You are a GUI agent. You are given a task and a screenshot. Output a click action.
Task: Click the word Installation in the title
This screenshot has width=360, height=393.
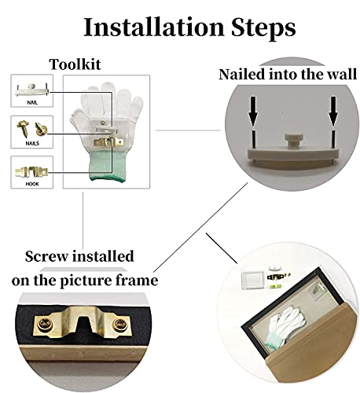point(154,27)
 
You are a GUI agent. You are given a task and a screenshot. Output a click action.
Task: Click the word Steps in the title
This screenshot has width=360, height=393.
point(263,28)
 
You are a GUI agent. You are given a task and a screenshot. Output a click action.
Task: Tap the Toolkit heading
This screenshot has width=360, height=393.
point(75,64)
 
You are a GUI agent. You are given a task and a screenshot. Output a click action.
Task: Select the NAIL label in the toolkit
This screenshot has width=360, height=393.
point(32,103)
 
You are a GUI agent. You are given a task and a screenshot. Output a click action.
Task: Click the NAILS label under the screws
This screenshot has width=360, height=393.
point(32,143)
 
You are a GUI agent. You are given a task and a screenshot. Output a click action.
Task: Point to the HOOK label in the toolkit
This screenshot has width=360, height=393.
point(32,184)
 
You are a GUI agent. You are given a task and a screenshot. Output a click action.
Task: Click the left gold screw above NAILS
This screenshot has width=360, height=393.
point(24,128)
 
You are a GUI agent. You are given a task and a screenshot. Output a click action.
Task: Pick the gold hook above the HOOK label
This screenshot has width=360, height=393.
point(31,172)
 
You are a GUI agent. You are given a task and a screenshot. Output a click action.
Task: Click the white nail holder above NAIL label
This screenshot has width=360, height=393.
point(32,90)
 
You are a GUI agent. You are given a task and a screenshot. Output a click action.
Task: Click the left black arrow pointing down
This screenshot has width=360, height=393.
point(253,111)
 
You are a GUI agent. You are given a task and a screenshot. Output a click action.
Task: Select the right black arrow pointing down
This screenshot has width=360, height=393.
point(333,111)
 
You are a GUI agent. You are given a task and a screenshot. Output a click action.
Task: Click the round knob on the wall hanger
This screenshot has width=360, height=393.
point(293,141)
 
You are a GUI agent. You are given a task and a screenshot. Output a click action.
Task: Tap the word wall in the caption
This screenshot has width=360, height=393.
point(342,74)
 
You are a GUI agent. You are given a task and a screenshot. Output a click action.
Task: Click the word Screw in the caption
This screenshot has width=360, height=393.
point(46,256)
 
